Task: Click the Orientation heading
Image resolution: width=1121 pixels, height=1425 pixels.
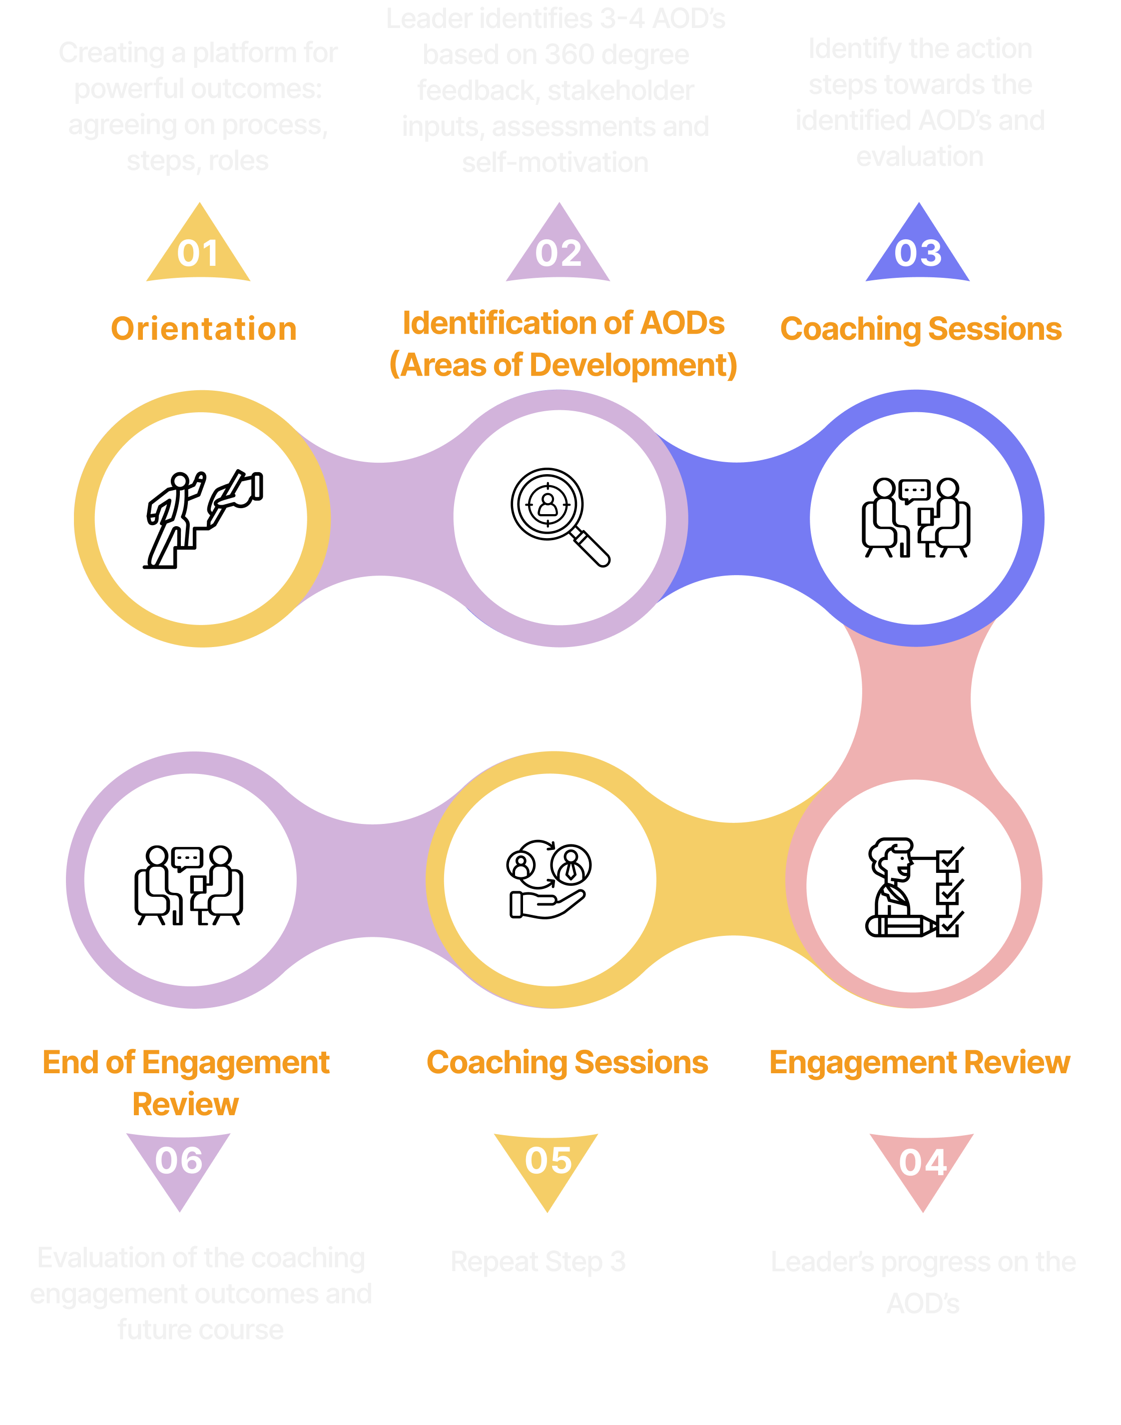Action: coord(203,329)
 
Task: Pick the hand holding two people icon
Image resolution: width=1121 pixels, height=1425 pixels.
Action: coord(549,879)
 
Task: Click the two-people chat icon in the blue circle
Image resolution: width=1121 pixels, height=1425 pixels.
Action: coord(916,518)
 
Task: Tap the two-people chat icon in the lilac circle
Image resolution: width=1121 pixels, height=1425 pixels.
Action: coord(189,885)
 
